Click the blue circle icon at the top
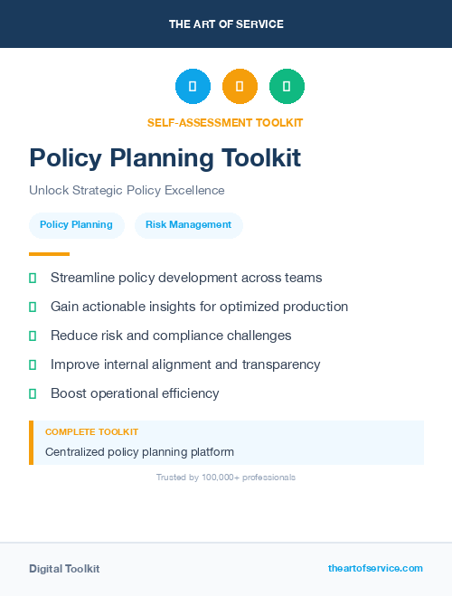(x=193, y=86)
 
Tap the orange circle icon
(x=240, y=86)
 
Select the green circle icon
(x=287, y=86)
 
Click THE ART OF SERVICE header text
(x=226, y=24)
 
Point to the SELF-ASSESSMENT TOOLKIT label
(x=225, y=122)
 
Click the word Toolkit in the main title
(x=256, y=158)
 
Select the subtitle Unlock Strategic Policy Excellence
(x=127, y=191)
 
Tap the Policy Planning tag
(x=76, y=225)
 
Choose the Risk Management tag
(x=189, y=225)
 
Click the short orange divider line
(x=49, y=254)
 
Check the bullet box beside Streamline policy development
(x=33, y=278)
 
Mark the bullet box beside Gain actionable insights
(x=33, y=307)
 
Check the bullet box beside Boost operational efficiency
(x=33, y=393)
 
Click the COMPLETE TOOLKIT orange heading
(x=91, y=432)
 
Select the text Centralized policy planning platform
(x=140, y=451)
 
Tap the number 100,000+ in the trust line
(x=220, y=478)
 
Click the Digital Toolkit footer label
(x=64, y=569)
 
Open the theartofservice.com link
(x=375, y=568)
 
